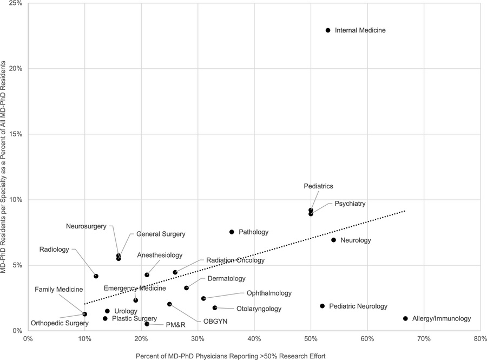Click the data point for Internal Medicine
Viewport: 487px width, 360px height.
328,30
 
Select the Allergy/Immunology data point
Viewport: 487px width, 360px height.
405,319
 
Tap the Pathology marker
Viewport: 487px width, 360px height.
232,232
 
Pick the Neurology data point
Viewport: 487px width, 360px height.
333,240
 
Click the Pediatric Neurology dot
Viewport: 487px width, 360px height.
322,306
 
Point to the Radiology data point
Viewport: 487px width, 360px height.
96,276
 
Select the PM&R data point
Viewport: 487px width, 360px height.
147,324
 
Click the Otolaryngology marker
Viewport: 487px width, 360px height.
215,307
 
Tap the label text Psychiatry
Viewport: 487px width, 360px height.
350,204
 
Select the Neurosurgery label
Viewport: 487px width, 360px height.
87,226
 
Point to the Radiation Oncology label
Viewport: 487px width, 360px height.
235,260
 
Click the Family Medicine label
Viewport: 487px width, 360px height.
59,290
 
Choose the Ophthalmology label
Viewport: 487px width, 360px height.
269,293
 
